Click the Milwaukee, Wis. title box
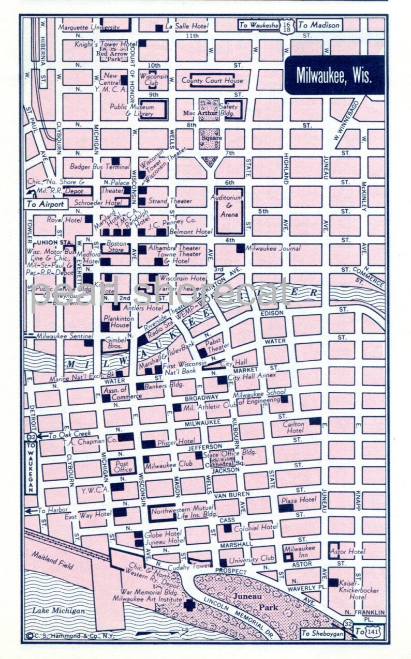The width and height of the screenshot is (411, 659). pyautogui.click(x=334, y=75)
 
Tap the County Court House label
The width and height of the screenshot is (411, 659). pyautogui.click(x=212, y=81)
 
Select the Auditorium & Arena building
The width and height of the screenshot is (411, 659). pyautogui.click(x=229, y=211)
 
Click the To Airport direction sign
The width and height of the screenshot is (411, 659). pyautogui.click(x=46, y=204)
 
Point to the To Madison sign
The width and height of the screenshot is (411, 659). pyautogui.click(x=319, y=25)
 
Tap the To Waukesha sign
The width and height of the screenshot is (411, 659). pyautogui.click(x=263, y=25)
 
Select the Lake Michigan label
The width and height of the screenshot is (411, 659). pyautogui.click(x=58, y=611)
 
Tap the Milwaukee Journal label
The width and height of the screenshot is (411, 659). pyautogui.click(x=272, y=249)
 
